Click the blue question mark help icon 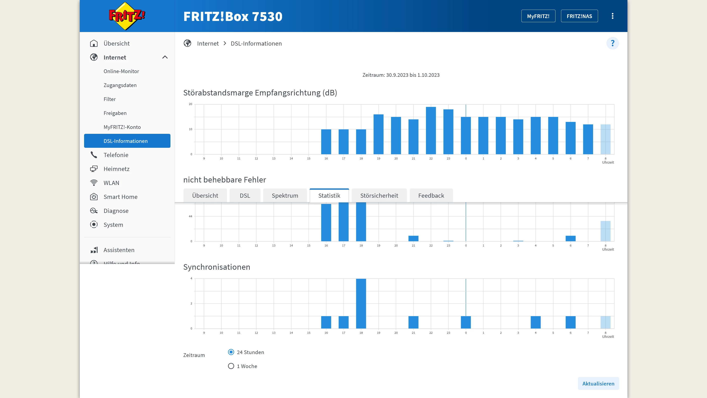pos(612,43)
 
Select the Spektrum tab pos(285,195)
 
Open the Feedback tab pos(431,195)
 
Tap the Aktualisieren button pos(598,383)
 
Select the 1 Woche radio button pos(231,366)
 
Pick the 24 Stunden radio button pos(231,352)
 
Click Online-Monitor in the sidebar pos(121,71)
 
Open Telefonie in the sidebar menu pos(116,155)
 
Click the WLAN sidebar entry pos(111,183)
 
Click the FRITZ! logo pos(127,16)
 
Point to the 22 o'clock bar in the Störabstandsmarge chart pos(431,131)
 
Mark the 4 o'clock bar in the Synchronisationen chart pos(536,322)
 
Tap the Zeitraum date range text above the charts pos(401,75)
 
